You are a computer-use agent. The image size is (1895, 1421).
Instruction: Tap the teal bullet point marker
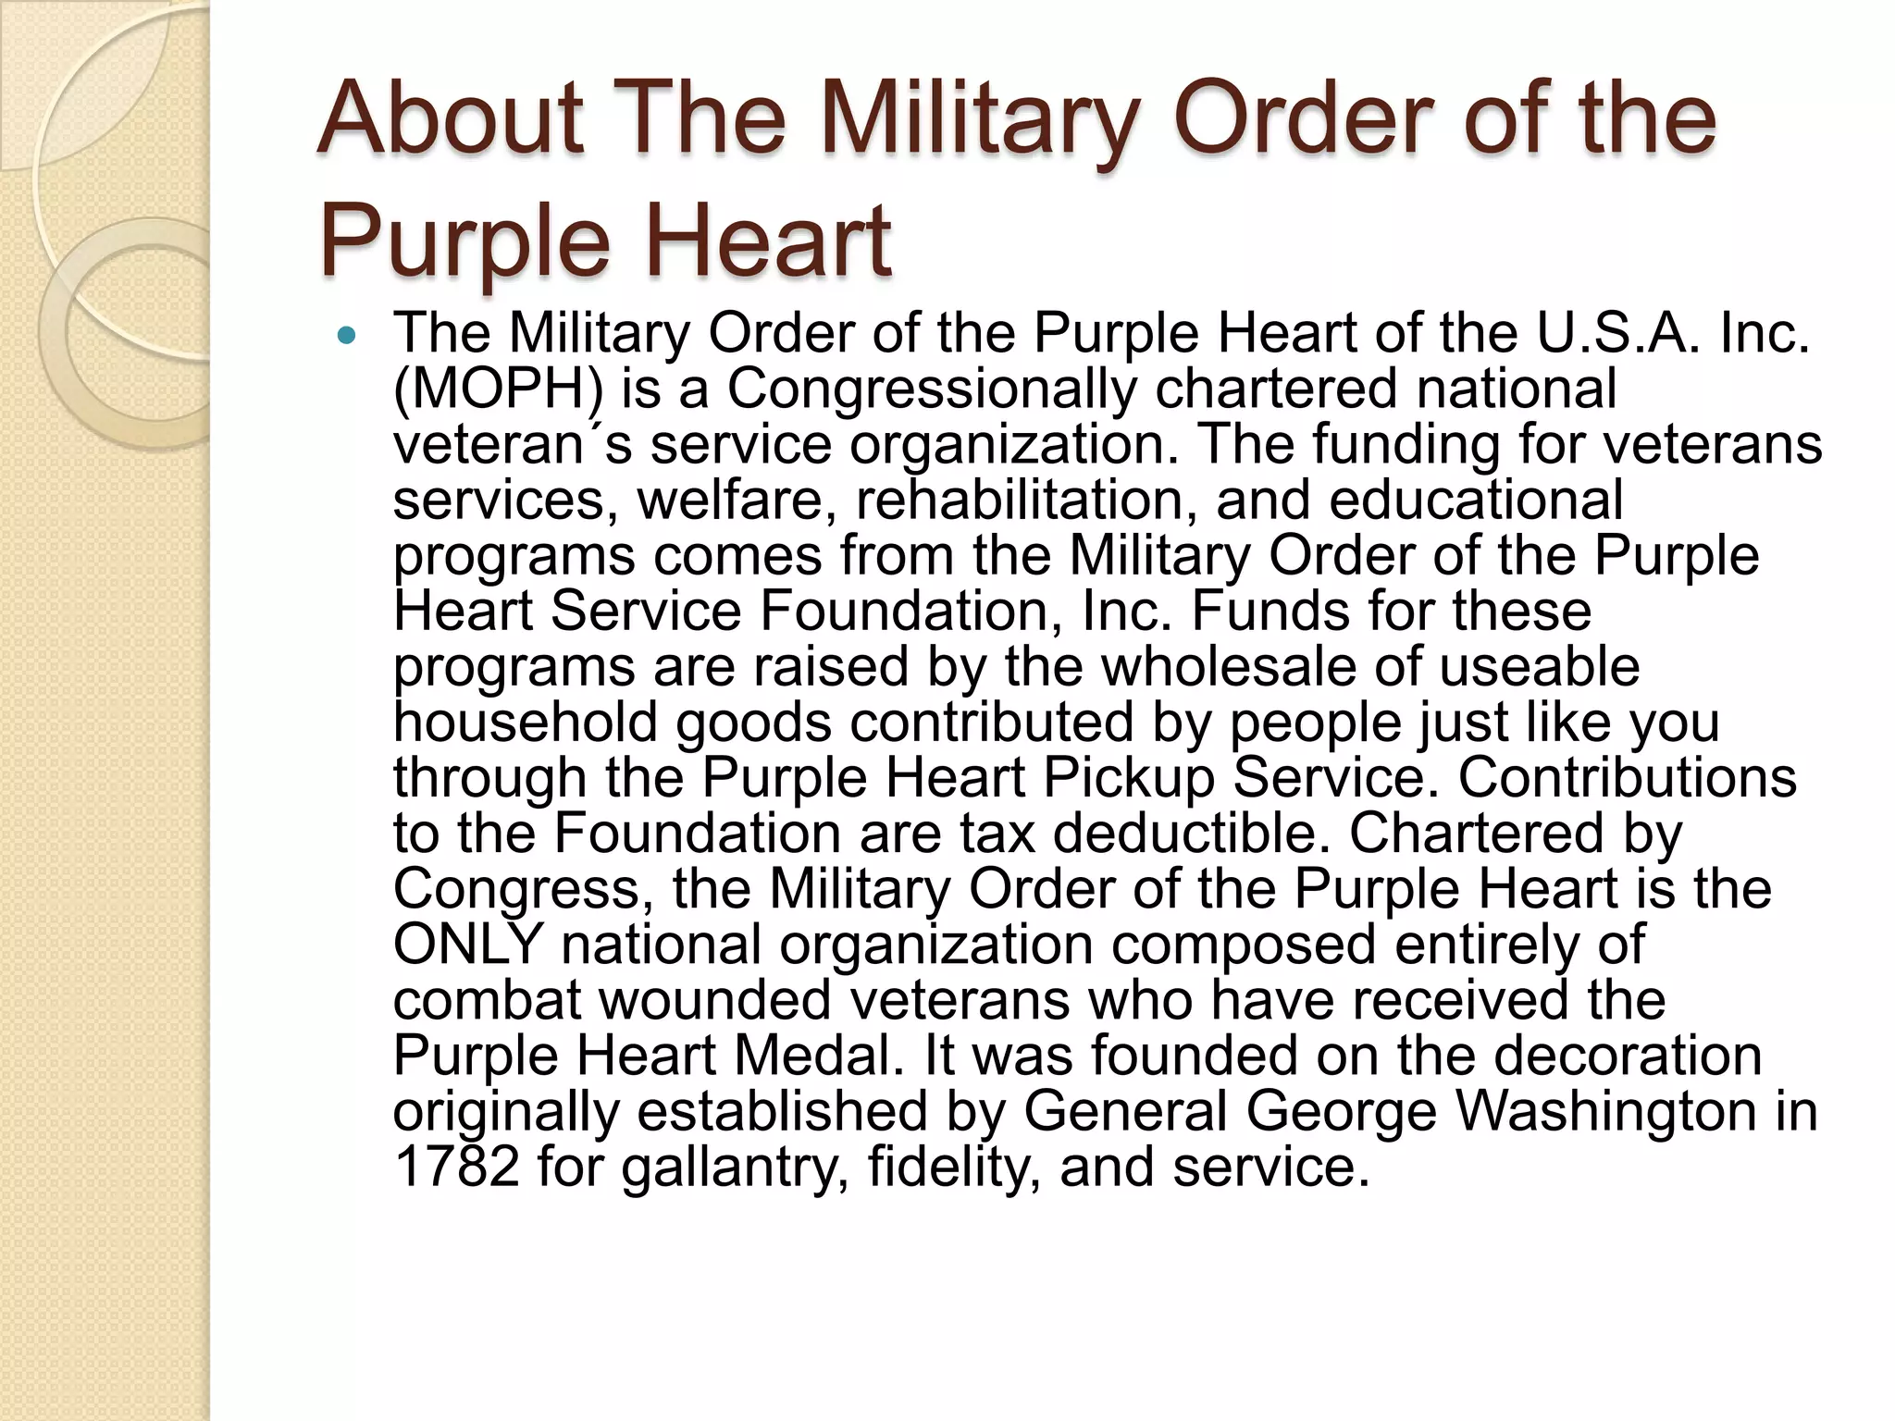pyautogui.click(x=347, y=336)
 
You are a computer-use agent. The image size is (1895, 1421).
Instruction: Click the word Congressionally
pyautogui.click(x=931, y=389)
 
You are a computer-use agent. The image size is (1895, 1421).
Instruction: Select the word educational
pyautogui.click(x=1475, y=500)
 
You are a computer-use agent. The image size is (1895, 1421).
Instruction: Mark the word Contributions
pyautogui.click(x=1628, y=777)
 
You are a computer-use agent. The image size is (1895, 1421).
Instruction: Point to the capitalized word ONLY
pyautogui.click(x=467, y=944)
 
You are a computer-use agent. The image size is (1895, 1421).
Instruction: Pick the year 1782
pyautogui.click(x=455, y=1166)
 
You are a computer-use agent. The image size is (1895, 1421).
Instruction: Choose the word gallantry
pyautogui.click(x=736, y=1168)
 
